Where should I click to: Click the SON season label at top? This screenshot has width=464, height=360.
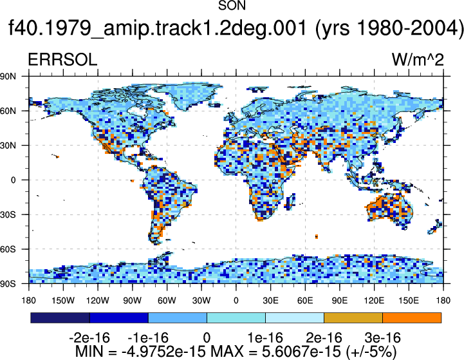pyautogui.click(x=232, y=6)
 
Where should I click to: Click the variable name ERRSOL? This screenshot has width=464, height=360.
pyautogui.click(x=62, y=60)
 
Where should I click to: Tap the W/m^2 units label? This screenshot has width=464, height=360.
pyautogui.click(x=418, y=60)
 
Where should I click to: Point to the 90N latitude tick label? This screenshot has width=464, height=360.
pyautogui.click(x=8, y=77)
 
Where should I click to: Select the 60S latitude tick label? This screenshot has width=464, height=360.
pyautogui.click(x=8, y=249)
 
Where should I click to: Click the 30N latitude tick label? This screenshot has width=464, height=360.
pyautogui.click(x=8, y=146)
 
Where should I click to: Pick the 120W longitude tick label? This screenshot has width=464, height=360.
pyautogui.click(x=98, y=301)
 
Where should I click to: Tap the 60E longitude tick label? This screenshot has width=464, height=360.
pyautogui.click(x=305, y=301)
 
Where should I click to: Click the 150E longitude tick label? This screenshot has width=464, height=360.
pyautogui.click(x=409, y=301)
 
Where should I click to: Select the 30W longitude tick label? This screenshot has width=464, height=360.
pyautogui.click(x=201, y=301)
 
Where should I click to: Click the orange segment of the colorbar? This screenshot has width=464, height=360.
pyautogui.click(x=412, y=317)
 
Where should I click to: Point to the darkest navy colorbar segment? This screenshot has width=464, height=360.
pyautogui.click(x=60, y=317)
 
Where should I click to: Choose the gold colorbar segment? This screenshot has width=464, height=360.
pyautogui.click(x=353, y=317)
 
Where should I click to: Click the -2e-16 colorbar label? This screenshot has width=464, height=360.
pyautogui.click(x=89, y=338)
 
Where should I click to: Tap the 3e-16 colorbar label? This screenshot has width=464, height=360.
pyautogui.click(x=383, y=338)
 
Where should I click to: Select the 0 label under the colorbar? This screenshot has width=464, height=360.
pyautogui.click(x=207, y=338)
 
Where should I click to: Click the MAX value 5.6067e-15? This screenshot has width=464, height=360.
pyautogui.click(x=301, y=352)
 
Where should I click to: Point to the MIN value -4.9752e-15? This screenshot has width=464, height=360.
pyautogui.click(x=163, y=352)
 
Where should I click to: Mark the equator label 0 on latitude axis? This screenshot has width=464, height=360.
pyautogui.click(x=14, y=180)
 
